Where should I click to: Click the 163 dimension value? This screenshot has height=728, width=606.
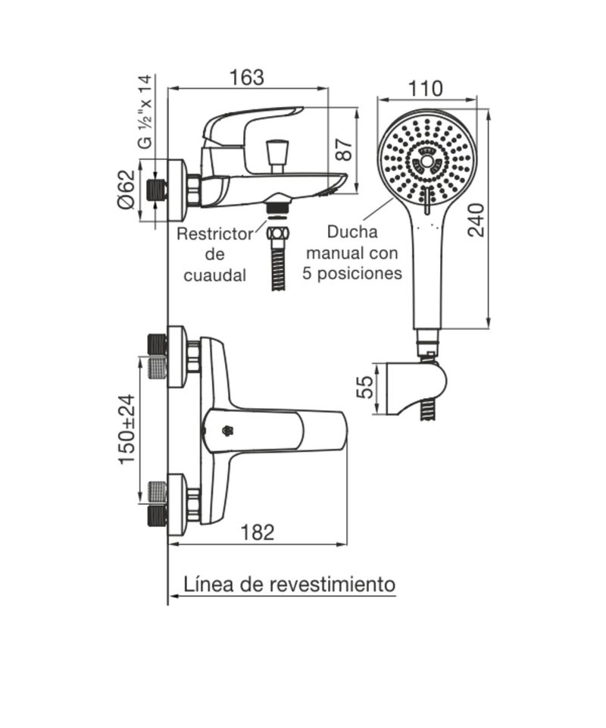[x=247, y=77]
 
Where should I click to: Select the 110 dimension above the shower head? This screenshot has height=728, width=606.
[x=425, y=89]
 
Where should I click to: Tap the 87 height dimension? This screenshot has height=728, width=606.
[x=345, y=149]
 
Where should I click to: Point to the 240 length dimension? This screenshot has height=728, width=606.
[x=476, y=220]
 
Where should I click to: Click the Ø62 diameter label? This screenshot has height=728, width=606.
[x=126, y=190]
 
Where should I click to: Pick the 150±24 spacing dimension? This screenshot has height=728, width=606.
[x=127, y=429]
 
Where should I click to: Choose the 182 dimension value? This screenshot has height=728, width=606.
[x=258, y=532]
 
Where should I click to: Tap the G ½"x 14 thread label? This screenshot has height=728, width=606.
[x=145, y=112]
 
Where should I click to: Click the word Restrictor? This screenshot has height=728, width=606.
[x=215, y=234]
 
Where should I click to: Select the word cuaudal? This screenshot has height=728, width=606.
[x=214, y=275]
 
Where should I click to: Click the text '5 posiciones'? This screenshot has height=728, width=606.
[x=352, y=272]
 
